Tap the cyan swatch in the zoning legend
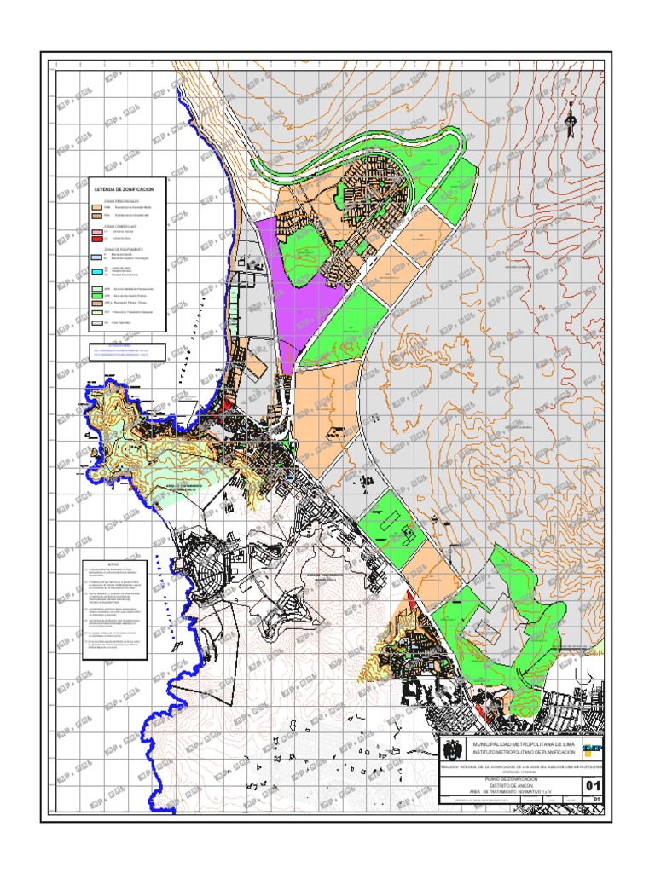96,271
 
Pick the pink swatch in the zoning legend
96,232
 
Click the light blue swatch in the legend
96,256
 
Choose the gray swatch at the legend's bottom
96,324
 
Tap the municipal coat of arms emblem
453,749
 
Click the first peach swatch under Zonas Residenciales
96,208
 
